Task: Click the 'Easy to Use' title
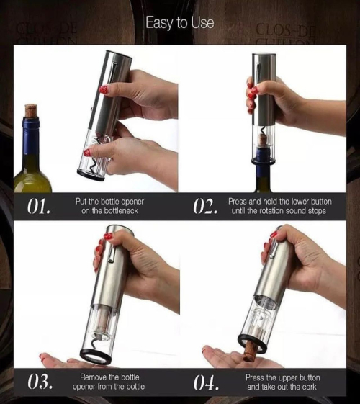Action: [180, 22]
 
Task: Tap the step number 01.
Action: [38, 207]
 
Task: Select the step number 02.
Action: [205, 206]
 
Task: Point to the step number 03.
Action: [40, 382]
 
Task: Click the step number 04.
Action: [206, 382]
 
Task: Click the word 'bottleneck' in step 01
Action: [121, 211]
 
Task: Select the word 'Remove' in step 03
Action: [93, 377]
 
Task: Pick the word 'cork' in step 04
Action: [310, 387]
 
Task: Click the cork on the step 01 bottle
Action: [31, 111]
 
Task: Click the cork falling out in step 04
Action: [251, 351]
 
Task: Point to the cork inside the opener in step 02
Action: [263, 140]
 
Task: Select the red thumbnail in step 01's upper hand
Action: [103, 90]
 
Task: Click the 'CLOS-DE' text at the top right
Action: [285, 32]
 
